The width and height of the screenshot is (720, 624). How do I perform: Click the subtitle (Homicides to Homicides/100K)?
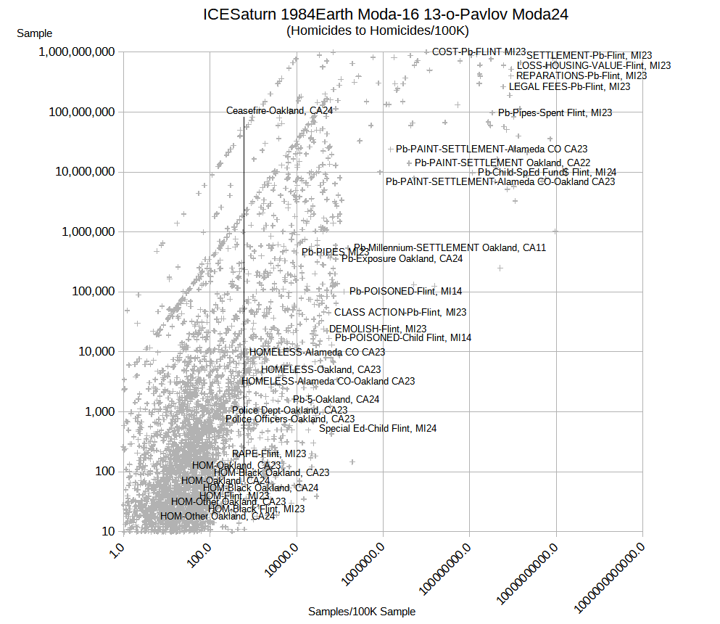tap(377, 30)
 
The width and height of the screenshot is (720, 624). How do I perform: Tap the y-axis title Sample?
tap(34, 33)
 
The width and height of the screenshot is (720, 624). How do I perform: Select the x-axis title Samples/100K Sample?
tap(362, 612)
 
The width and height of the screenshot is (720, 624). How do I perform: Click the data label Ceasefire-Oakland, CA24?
tap(279, 111)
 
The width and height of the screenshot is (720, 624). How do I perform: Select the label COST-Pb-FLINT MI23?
tap(479, 52)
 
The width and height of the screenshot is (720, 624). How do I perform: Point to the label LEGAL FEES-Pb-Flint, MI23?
tap(569, 86)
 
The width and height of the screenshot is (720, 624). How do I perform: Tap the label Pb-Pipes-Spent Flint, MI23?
tap(555, 112)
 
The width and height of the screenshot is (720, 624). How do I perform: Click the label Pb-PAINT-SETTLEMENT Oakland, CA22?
tap(502, 162)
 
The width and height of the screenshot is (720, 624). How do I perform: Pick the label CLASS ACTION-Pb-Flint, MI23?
tap(400, 312)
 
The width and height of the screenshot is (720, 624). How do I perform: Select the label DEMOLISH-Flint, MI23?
tap(378, 329)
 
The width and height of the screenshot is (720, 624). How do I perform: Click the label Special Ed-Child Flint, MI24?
tap(378, 428)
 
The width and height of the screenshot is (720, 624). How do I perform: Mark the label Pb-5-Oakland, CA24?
tap(336, 399)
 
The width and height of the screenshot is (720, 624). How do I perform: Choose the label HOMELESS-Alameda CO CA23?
tap(317, 352)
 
